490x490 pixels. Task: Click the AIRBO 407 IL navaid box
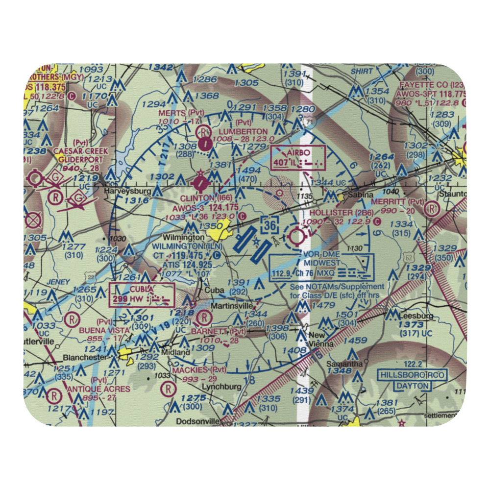[298, 158]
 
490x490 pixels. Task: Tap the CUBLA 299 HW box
[142, 295]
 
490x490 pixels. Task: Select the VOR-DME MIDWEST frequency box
[321, 267]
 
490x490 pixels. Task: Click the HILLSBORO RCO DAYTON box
[413, 380]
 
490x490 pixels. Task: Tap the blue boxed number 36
[271, 225]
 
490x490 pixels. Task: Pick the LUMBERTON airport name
[244, 131]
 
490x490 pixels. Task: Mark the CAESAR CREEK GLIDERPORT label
[78, 155]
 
